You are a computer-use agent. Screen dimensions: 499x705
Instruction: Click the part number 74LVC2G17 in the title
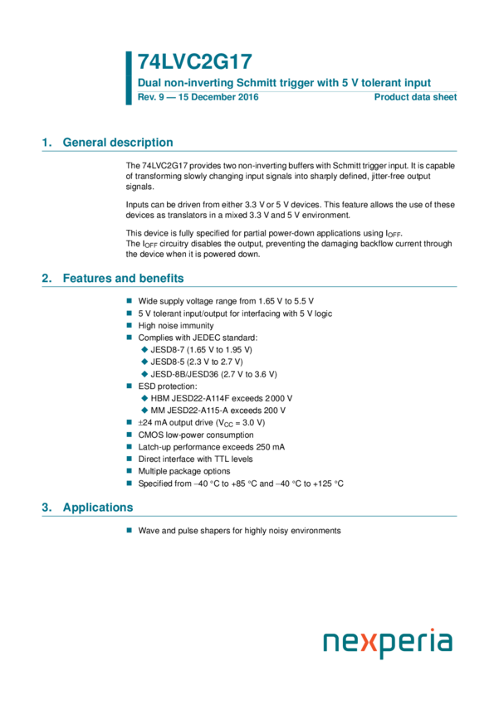(194, 62)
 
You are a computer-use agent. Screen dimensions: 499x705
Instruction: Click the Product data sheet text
(415, 97)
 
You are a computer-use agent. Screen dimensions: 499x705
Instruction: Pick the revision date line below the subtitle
(199, 97)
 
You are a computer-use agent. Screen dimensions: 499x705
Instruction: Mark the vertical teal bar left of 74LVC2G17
(129, 78)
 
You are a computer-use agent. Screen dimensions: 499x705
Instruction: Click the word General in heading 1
(85, 143)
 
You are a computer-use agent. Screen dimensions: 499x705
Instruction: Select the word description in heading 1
(142, 143)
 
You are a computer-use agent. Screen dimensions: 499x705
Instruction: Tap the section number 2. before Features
(47, 279)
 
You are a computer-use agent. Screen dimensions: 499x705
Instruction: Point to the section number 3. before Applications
(47, 508)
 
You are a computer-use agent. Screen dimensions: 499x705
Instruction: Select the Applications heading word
(98, 508)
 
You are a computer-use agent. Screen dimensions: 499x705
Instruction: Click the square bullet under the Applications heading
(129, 530)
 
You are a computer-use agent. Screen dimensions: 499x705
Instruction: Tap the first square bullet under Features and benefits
(129, 300)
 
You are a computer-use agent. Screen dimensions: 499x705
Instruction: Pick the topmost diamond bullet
(144, 349)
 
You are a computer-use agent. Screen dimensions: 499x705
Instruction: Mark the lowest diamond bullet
(144, 410)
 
